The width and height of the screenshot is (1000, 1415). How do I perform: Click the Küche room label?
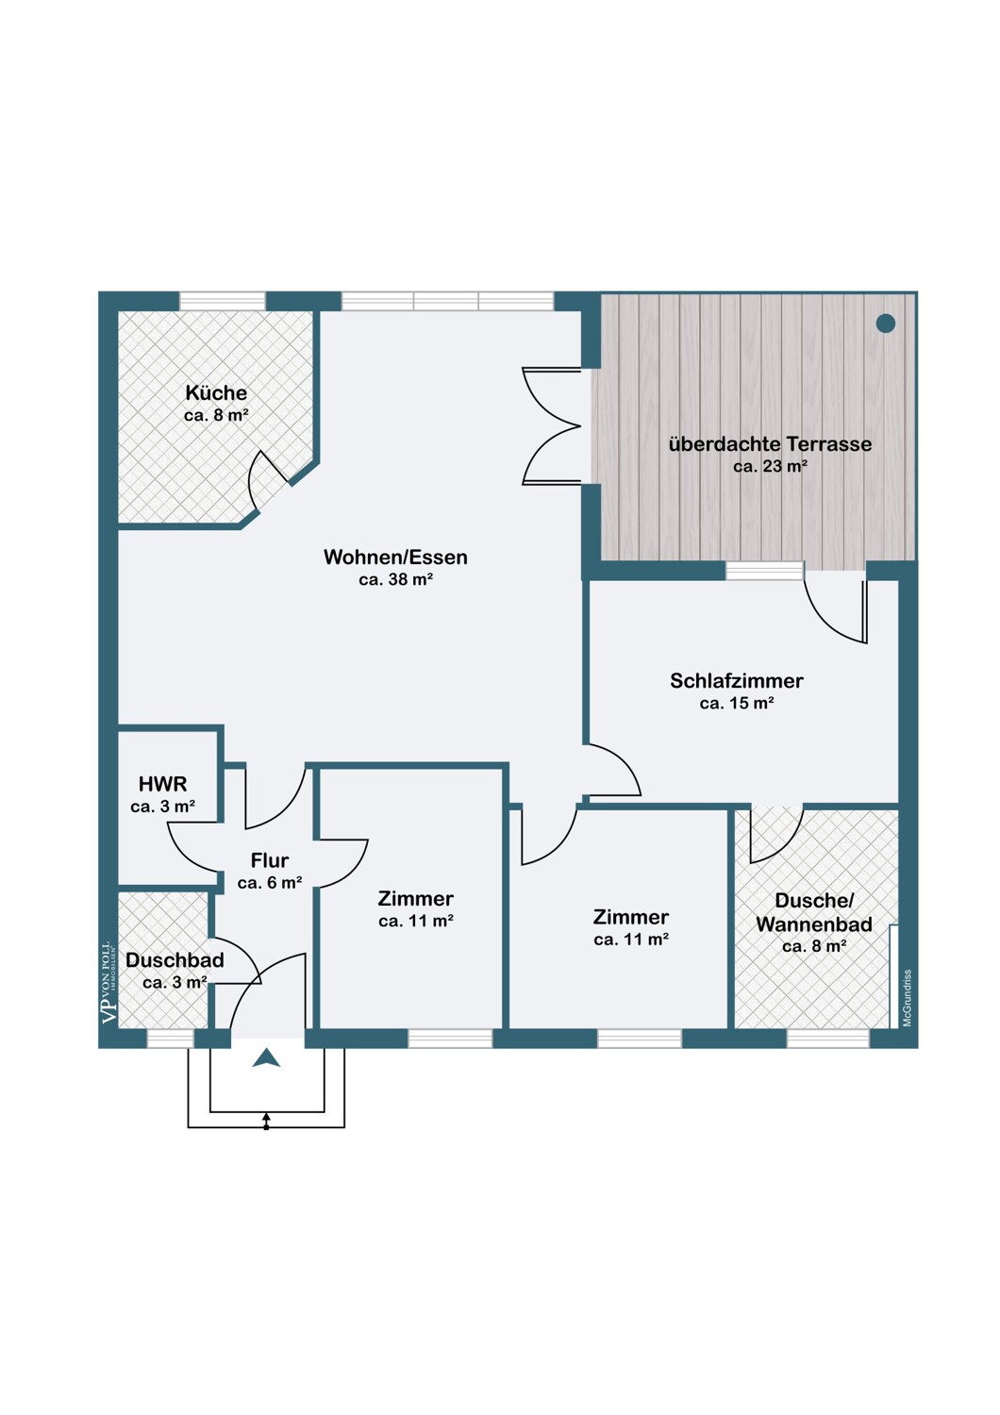pyautogui.click(x=216, y=393)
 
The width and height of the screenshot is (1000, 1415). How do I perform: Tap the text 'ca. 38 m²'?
pyautogui.click(x=395, y=579)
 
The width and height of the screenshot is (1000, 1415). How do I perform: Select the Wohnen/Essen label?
pyautogui.click(x=395, y=558)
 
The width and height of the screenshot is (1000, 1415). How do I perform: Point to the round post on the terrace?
pyautogui.click(x=886, y=324)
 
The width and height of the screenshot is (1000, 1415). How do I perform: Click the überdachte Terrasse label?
pyautogui.click(x=770, y=444)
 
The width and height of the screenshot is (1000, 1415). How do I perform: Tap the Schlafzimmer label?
pyautogui.click(x=737, y=681)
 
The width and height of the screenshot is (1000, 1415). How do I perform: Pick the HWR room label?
pyautogui.click(x=163, y=785)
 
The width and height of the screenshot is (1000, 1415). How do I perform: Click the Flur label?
pyautogui.click(x=270, y=860)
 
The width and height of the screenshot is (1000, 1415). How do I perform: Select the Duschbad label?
pyautogui.click(x=175, y=960)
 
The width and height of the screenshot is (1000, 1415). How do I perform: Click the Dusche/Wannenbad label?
pyautogui.click(x=814, y=912)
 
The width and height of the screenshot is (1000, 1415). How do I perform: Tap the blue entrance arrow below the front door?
pyautogui.click(x=266, y=1057)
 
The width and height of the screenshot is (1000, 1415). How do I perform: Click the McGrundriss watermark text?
pyautogui.click(x=908, y=998)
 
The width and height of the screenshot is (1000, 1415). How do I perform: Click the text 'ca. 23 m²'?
pyautogui.click(x=771, y=466)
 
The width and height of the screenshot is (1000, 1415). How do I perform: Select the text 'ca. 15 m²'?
pyautogui.click(x=737, y=703)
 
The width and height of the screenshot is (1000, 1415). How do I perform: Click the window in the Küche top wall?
pyautogui.click(x=223, y=301)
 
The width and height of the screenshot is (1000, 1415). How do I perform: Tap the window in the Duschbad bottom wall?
pyautogui.click(x=171, y=1040)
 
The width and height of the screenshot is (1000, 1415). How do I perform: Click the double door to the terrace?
pyautogui.click(x=552, y=426)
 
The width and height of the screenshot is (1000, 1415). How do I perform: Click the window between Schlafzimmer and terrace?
pyautogui.click(x=764, y=571)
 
